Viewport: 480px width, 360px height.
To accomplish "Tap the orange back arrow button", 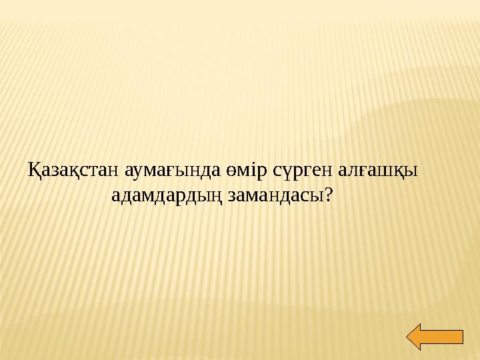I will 435,337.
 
